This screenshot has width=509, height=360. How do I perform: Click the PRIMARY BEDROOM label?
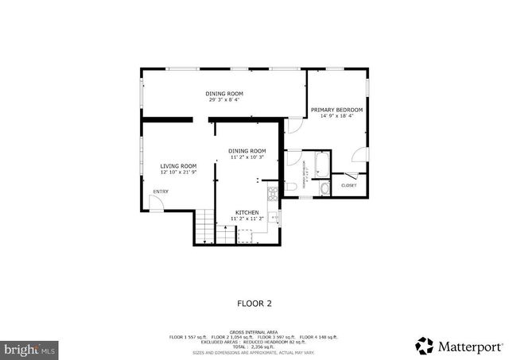click(x=336, y=110)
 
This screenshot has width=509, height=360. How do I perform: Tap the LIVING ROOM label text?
click(x=178, y=166)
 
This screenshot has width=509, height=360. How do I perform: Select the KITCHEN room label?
click(x=247, y=212)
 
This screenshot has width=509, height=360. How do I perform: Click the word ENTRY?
click(x=161, y=192)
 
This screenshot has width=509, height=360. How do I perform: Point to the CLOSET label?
click(x=348, y=185)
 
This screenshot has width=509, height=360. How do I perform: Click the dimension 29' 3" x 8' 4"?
click(x=224, y=100)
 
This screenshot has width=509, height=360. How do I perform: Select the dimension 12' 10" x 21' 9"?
click(x=178, y=172)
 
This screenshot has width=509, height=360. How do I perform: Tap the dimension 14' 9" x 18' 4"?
click(x=336, y=116)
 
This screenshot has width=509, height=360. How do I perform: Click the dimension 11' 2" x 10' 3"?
click(x=247, y=157)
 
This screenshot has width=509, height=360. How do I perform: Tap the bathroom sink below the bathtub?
click(x=324, y=188)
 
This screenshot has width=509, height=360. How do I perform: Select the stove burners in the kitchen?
click(x=271, y=192)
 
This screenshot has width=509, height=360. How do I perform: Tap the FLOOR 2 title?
click(x=254, y=303)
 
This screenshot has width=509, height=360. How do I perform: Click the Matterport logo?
click(x=460, y=346)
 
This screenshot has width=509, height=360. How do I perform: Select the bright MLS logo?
click(x=30, y=348)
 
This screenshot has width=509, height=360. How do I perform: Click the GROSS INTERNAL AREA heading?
click(x=254, y=331)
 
